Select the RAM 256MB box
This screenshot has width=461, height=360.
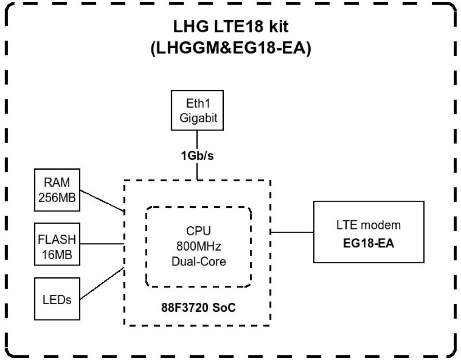57,190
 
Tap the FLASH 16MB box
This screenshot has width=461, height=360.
57,244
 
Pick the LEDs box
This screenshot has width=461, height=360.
57,298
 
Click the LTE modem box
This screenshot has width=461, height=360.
369,232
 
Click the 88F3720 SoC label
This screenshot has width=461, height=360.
199,309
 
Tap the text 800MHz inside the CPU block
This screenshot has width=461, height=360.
199,247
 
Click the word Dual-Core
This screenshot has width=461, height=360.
199,261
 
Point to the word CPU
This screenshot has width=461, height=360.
199,232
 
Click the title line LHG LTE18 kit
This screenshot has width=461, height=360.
230,26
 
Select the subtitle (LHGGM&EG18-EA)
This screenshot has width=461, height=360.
230,48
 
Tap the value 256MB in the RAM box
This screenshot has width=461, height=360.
57,197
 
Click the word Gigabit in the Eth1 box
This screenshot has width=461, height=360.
198,118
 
